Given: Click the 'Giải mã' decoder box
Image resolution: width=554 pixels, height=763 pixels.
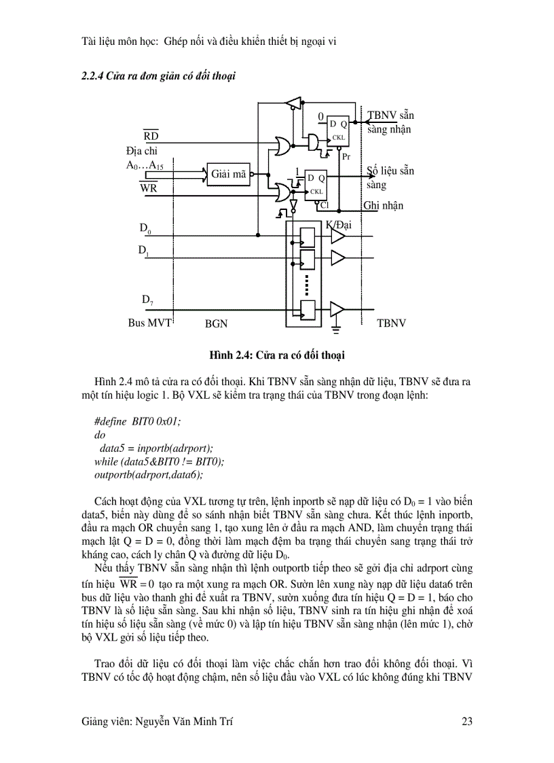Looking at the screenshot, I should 229,174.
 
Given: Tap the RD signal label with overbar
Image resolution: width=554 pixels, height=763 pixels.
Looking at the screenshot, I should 151,137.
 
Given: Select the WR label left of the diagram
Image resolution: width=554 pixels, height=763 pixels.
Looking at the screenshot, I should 149,188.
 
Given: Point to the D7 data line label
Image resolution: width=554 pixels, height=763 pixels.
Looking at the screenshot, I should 147,300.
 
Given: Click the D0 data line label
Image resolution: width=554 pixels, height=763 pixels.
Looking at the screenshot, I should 145,230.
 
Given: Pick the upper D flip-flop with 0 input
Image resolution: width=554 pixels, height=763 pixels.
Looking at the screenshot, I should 337,129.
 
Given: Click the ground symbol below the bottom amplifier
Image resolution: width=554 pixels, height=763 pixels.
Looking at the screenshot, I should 335,331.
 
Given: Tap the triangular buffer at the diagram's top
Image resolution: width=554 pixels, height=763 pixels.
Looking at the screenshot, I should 293,103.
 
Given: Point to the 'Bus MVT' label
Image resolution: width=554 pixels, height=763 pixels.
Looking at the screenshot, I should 150,323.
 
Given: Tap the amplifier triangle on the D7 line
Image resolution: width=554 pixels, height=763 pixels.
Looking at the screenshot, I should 337,309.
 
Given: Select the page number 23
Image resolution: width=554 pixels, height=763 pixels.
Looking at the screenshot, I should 466,722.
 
